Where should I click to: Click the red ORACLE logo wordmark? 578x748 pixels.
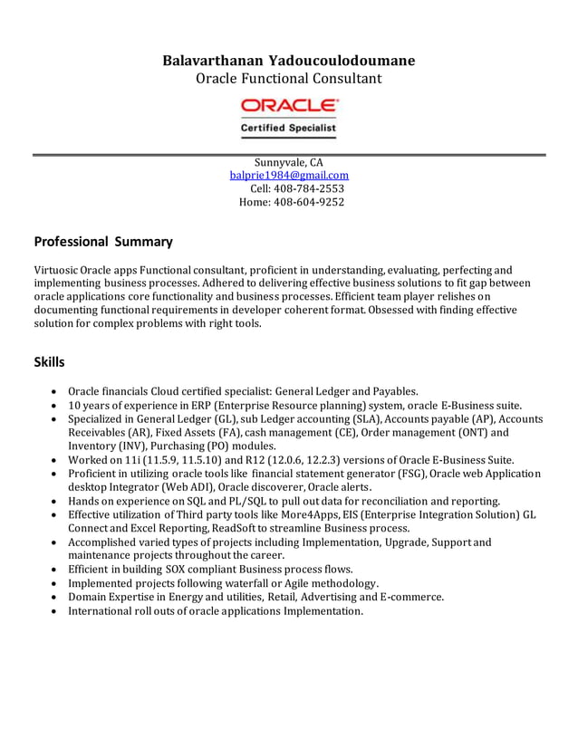[x=289, y=106]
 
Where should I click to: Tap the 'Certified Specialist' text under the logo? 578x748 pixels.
[x=288, y=129]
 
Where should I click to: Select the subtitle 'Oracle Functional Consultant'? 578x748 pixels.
[x=289, y=79]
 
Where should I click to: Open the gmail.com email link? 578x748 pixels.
[x=289, y=176]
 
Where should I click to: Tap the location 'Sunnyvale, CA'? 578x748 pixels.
[x=289, y=162]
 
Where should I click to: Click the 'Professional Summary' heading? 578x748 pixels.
[x=102, y=242]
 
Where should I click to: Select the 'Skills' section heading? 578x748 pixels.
[x=49, y=362]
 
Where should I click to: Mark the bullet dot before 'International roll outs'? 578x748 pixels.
[x=56, y=611]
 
